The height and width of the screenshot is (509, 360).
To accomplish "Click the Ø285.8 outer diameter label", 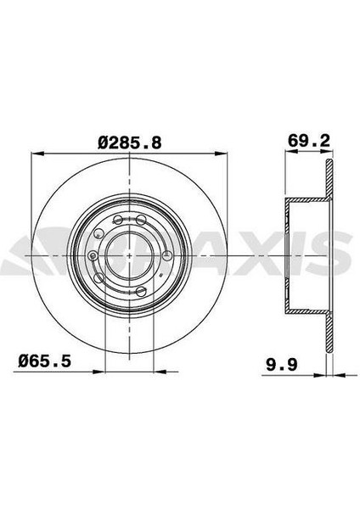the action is (x=130, y=142).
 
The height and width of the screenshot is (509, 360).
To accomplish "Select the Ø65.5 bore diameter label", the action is (x=44, y=361).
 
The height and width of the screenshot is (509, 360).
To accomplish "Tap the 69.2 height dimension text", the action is (x=309, y=141).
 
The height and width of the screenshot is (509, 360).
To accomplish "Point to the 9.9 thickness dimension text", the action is (x=282, y=365).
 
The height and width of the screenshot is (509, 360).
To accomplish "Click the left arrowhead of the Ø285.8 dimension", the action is (x=37, y=154).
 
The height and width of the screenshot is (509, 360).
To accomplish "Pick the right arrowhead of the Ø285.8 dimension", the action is (x=220, y=154).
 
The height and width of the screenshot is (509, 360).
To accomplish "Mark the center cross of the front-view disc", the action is (x=130, y=255).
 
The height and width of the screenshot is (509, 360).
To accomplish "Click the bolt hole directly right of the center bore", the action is (x=167, y=255).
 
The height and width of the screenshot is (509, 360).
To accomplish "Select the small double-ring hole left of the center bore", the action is (x=93, y=255).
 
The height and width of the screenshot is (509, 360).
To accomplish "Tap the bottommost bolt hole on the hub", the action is (x=141, y=290).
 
